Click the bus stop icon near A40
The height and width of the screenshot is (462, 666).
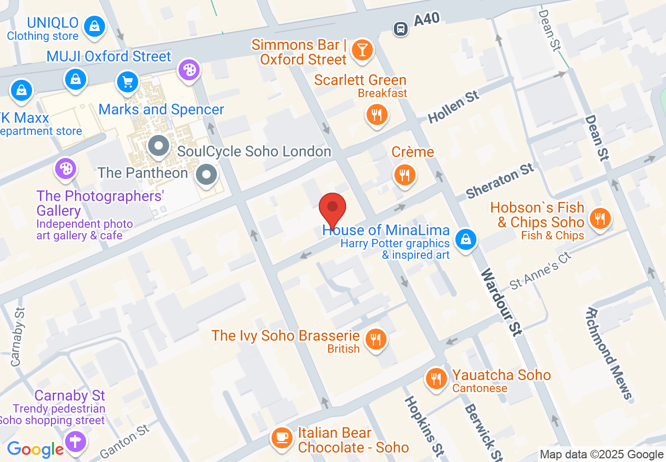(401, 28)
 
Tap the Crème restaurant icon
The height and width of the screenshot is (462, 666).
(404, 175)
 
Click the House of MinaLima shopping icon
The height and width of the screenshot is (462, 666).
(465, 240)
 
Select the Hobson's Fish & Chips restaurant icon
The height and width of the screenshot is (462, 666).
(599, 218)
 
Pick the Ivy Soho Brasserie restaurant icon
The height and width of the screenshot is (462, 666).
(376, 339)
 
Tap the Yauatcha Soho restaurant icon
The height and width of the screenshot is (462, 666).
(435, 377)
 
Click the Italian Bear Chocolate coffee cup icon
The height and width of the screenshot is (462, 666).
(282, 437)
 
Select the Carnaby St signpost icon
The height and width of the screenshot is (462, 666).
(76, 439)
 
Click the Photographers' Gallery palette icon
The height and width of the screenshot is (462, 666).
(66, 169)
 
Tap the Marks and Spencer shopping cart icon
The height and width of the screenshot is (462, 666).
(127, 82)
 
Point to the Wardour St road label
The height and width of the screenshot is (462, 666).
(501, 302)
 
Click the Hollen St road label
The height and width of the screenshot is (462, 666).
(453, 107)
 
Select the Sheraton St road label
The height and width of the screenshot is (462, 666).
(500, 181)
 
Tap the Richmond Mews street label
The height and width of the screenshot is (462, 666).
(609, 353)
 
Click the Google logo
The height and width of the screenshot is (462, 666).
(35, 449)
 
